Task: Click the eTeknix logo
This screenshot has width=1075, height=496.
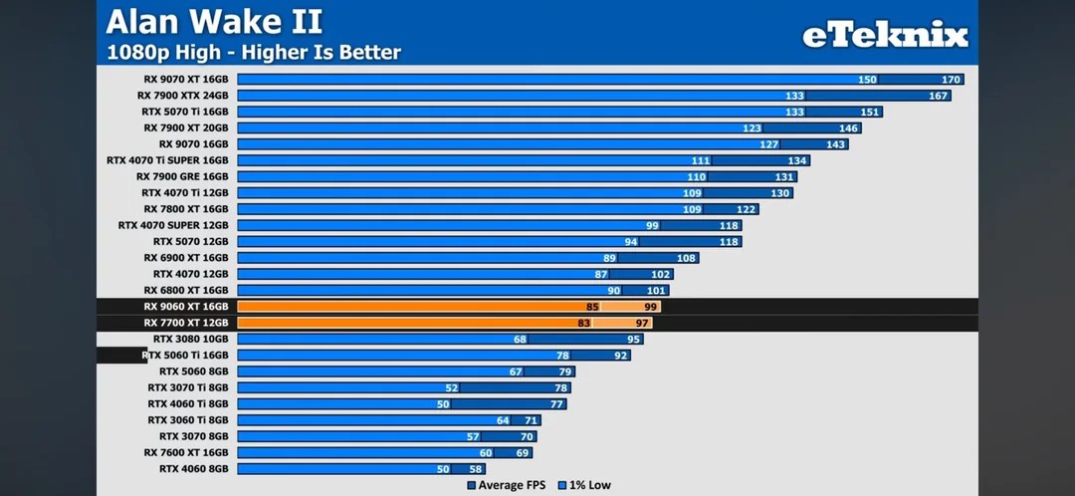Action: tap(885, 36)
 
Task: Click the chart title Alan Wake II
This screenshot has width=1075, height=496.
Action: tap(214, 20)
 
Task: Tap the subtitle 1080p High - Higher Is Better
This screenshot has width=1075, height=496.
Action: tap(254, 52)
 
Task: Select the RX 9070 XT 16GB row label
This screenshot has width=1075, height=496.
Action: tap(185, 80)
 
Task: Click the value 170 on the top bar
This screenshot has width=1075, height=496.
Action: tap(951, 80)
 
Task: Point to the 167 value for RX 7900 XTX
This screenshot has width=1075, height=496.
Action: tap(938, 96)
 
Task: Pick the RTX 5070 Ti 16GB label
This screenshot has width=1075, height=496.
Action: tap(184, 112)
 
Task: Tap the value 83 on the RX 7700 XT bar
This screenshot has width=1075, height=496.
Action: tap(583, 323)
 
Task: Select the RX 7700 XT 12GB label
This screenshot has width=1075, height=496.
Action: tap(185, 323)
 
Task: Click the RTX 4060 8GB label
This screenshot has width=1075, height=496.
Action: tap(193, 468)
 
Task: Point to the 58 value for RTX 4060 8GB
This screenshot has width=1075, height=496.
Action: tap(476, 468)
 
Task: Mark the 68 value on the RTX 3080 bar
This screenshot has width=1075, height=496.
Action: tap(521, 339)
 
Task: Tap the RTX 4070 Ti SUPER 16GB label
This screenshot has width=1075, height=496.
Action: tap(167, 160)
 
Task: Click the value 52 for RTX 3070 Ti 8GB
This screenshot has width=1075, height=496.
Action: tap(452, 387)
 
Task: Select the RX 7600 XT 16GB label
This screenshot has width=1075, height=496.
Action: tap(185, 452)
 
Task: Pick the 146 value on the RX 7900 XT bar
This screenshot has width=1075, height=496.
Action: tap(848, 128)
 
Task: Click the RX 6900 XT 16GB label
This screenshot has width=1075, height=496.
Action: tap(185, 258)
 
